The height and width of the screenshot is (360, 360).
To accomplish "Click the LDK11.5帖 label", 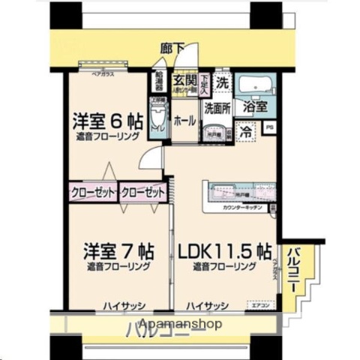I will pos(224,250).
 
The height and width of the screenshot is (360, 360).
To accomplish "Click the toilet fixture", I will pos(157,117).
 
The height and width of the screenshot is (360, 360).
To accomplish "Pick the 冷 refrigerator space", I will pos(245,130).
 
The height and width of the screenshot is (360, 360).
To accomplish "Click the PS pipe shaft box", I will pos(270,128).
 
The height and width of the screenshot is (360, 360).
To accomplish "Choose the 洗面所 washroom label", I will pos(218,107).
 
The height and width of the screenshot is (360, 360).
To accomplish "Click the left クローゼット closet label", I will pos(94,192).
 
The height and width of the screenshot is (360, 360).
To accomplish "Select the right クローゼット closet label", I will pos(142,192).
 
